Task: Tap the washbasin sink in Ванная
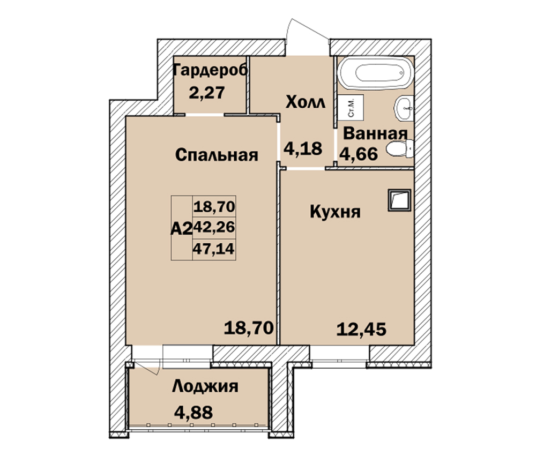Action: tap(404, 108)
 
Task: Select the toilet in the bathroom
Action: tap(400, 149)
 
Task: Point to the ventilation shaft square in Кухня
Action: tap(399, 200)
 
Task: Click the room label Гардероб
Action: tap(211, 70)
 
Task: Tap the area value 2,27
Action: tap(207, 92)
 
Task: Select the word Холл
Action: tap(306, 102)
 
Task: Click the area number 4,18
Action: tap(303, 148)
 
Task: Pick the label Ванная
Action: tap(375, 133)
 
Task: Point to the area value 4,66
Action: tap(359, 154)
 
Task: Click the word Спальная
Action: tap(217, 155)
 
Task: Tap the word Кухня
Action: tap(335, 212)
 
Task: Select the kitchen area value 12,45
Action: tap(361, 330)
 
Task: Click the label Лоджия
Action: tap(205, 386)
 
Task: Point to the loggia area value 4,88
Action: tap(193, 412)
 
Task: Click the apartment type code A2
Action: tap(182, 228)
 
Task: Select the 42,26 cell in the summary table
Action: tap(214, 227)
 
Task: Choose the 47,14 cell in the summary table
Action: tap(214, 249)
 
